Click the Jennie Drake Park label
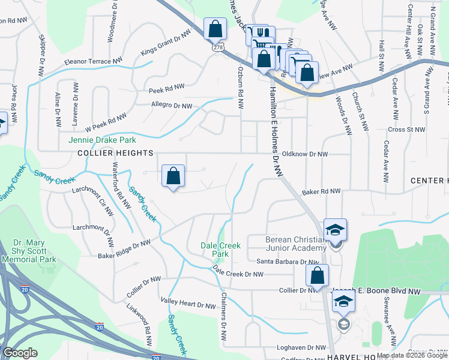click(99, 140)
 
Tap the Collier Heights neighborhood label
click(115, 154)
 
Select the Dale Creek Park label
click(220, 250)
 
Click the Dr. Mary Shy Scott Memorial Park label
click(28, 251)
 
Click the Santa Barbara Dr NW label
click(288, 262)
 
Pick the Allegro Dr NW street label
click(171, 106)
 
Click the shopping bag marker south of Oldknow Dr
click(173, 176)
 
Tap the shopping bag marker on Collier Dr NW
click(317, 275)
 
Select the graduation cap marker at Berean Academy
click(335, 230)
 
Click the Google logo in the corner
click(20, 353)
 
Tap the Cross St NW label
click(407, 130)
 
